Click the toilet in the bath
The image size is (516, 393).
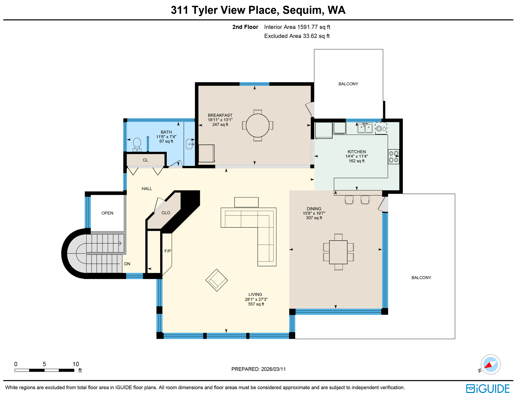[137, 145]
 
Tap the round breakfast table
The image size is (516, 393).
[257, 125]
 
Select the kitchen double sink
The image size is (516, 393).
[365, 128]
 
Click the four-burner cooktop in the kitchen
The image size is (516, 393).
[394, 157]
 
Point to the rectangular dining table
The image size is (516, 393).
[338, 252]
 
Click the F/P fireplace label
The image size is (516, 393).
[168, 251]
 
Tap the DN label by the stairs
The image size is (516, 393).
[127, 264]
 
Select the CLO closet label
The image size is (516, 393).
[166, 213]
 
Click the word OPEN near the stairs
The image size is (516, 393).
[107, 213]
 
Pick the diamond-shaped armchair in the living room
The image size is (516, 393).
[217, 280]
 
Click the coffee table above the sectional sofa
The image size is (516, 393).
[246, 202]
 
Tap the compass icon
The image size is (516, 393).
[490, 364]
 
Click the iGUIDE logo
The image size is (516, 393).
[488, 388]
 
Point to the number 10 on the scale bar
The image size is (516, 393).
[76, 364]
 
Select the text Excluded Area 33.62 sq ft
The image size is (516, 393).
[297, 36]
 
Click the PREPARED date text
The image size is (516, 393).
[258, 369]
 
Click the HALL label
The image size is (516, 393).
[147, 189]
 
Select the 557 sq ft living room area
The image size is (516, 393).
[256, 304]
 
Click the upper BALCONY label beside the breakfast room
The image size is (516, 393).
[348, 84]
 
